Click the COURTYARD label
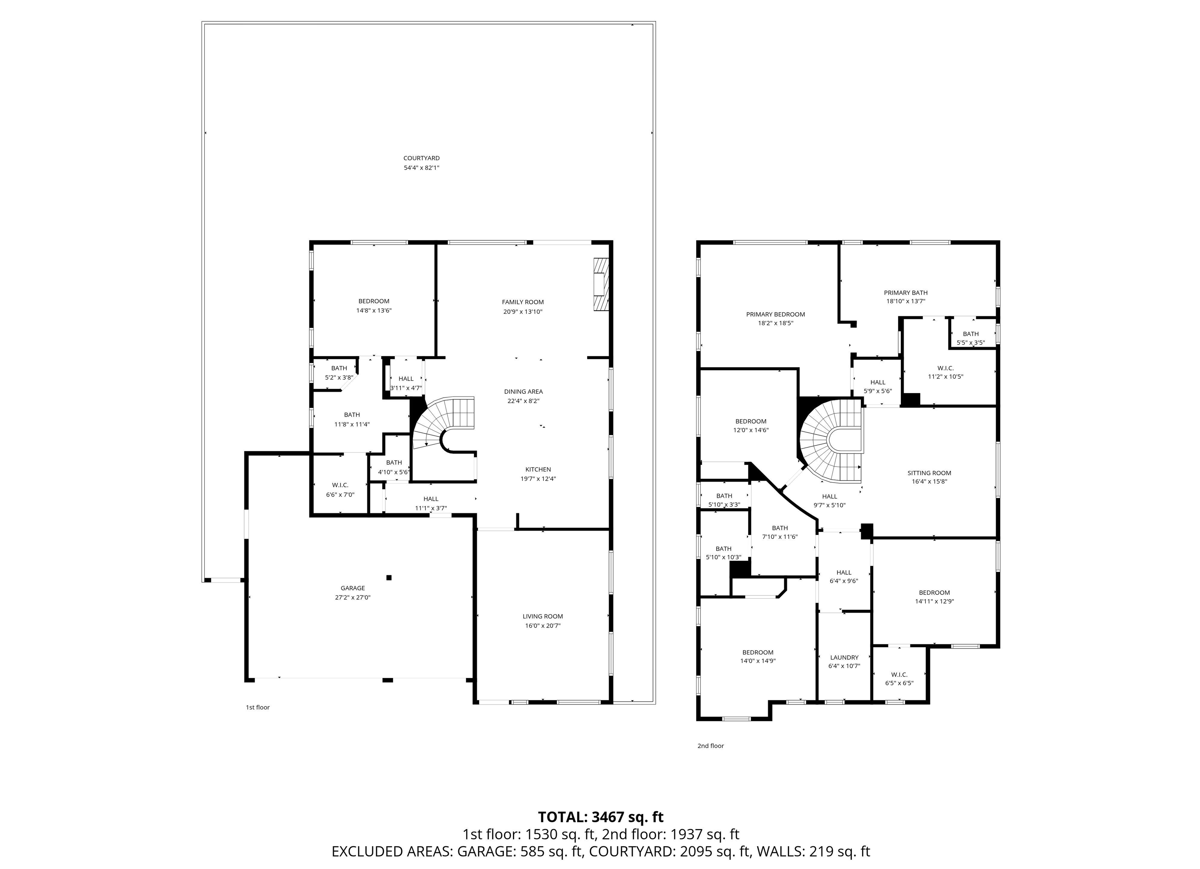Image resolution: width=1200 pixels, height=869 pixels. point(421,158)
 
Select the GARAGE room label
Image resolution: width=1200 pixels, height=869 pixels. point(352,588)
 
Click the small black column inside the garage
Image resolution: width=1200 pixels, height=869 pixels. point(389,578)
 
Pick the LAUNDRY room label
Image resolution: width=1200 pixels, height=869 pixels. point(844,657)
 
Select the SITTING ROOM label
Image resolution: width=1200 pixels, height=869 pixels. point(929,473)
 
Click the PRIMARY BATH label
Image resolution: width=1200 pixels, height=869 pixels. point(905,293)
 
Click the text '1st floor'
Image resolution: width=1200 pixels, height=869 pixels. point(258,707)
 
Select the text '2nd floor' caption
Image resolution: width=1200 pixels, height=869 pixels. point(710,746)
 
